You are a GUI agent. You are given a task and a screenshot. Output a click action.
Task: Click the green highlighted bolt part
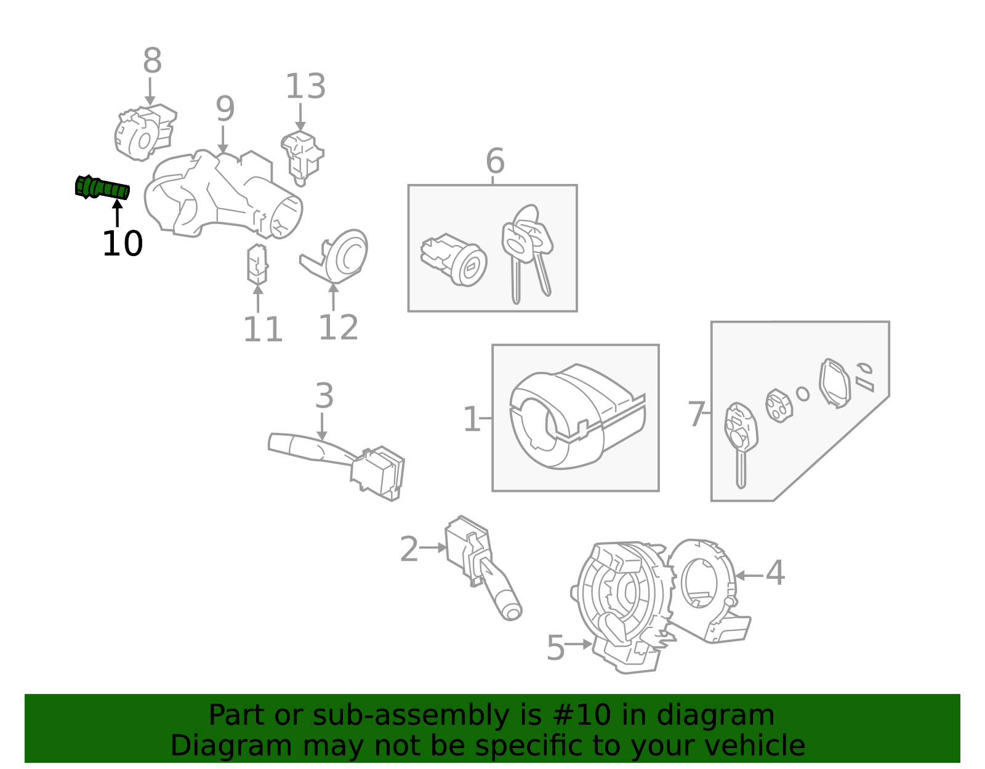coord(102,188)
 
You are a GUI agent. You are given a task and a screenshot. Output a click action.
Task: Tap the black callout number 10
coord(122,244)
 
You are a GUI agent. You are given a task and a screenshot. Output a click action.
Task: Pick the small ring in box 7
coord(802,393)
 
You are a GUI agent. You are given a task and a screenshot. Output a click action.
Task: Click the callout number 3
coord(324,396)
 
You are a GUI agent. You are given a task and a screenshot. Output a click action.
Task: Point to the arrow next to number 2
coord(433,547)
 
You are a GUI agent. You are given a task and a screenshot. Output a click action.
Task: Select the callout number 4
coord(774,573)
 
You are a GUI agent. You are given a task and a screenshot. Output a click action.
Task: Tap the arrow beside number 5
coord(579,644)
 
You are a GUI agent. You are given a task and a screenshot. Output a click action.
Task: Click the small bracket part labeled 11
coord(257,265)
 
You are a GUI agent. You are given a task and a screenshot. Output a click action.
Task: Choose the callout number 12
coord(338,327)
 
